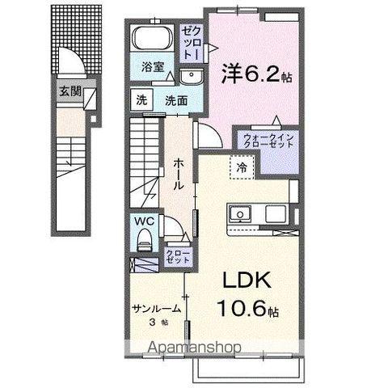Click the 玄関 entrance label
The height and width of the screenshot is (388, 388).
(69, 91)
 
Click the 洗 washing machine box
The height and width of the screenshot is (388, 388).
(141, 101)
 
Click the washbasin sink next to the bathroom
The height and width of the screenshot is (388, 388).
(192, 77)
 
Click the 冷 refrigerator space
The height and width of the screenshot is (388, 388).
(242, 167)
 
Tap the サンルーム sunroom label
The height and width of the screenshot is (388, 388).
(154, 308)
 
